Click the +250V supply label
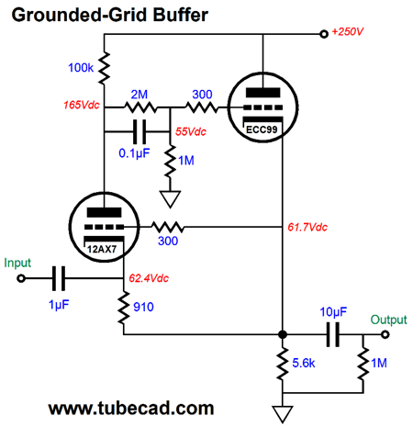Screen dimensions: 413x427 pyautogui.click(x=348, y=31)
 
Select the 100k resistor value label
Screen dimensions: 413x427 pyautogui.click(x=81, y=68)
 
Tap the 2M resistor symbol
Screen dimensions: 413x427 pyautogui.click(x=140, y=107)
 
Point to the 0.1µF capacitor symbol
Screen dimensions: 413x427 pyautogui.click(x=140, y=132)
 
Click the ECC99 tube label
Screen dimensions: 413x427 pyautogui.click(x=262, y=129)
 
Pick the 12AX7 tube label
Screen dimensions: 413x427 pyautogui.click(x=102, y=249)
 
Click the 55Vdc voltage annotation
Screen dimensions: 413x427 pyautogui.click(x=191, y=131)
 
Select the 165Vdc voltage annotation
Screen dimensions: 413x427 pyautogui.click(x=82, y=105)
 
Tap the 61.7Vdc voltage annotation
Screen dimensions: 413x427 pyautogui.click(x=307, y=227)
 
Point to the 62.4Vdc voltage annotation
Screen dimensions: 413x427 pyautogui.click(x=149, y=278)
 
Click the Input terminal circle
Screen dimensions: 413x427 pyautogui.click(x=21, y=278)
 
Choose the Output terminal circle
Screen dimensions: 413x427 pyautogui.click(x=385, y=334)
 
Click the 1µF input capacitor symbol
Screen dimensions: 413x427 pyautogui.click(x=59, y=278)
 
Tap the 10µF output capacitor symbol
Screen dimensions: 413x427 pyautogui.click(x=333, y=334)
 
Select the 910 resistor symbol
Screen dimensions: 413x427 pyautogui.click(x=124, y=308)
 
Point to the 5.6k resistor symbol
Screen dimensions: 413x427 pyautogui.click(x=283, y=364)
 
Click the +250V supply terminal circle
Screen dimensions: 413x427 pyautogui.click(x=324, y=34)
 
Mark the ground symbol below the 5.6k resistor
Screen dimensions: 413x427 pyautogui.click(x=283, y=414)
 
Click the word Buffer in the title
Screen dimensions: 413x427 pyautogui.click(x=181, y=15)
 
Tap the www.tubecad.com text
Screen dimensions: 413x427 pyautogui.click(x=131, y=409)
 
